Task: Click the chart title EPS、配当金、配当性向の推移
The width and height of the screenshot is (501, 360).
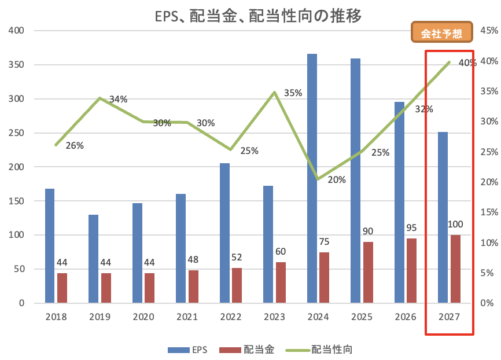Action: [258, 16]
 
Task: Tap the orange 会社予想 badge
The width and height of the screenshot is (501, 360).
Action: [441, 32]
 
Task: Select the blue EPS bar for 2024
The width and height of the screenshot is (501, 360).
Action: [312, 178]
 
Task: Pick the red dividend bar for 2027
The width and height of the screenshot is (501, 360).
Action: [456, 269]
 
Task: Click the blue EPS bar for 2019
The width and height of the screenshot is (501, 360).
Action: [93, 259]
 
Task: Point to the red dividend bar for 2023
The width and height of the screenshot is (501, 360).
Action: [281, 282]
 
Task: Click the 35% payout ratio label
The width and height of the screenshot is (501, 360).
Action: [293, 93]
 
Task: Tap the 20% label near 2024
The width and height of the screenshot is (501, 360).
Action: [337, 179]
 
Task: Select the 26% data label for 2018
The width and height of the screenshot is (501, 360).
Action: [75, 145]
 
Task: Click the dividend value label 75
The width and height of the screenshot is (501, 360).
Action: [324, 242]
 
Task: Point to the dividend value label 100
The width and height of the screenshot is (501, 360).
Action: [455, 224]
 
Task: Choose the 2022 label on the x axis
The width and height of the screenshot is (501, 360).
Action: [231, 317]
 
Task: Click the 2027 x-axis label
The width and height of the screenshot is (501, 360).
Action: [450, 317]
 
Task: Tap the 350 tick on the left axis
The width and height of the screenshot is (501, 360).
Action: [16, 65]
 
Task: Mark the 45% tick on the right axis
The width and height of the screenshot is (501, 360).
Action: [489, 30]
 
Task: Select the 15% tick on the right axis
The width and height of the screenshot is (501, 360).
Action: [489, 212]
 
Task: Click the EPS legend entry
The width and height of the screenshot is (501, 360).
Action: [187, 350]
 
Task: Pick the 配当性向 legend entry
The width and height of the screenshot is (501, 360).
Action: [319, 350]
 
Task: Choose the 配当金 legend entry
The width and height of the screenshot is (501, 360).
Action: [246, 350]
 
